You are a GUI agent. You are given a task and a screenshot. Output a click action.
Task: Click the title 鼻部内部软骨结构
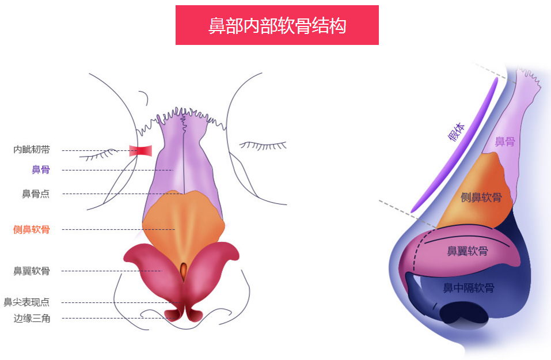(277, 25)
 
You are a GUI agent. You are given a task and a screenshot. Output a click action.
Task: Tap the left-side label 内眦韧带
(32, 150)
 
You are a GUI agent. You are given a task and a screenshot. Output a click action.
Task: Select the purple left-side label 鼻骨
(40, 170)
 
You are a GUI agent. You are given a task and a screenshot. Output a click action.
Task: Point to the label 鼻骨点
(36, 194)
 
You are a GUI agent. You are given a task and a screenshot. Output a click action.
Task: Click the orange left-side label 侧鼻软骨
(32, 230)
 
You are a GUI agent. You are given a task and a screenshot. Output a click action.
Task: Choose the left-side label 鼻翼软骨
(32, 271)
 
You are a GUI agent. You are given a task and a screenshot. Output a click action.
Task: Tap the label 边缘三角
(32, 318)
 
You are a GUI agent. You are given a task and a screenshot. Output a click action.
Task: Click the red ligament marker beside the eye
(140, 151)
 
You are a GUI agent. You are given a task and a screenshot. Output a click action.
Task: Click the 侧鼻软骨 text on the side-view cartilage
(481, 198)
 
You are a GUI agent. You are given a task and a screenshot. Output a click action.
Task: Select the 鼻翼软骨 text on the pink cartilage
(468, 251)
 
